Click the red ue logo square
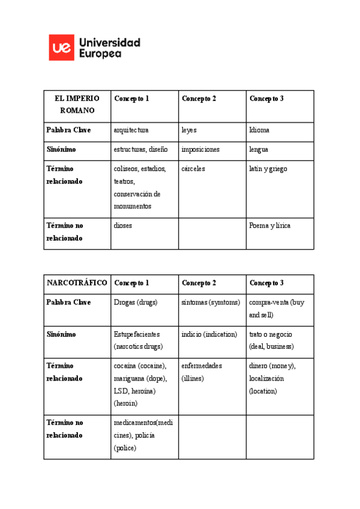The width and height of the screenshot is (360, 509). point(61,47)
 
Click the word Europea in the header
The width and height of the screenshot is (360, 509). point(100,53)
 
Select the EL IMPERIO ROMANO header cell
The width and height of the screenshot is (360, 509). point(77,104)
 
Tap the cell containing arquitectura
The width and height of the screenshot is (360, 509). point(131,130)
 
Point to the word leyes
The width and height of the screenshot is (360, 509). point(189,130)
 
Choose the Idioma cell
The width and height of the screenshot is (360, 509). point(259,130)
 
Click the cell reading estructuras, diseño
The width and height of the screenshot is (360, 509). point(141,149)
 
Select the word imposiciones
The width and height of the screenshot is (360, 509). point(200,149)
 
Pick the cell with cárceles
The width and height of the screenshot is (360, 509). point(193,169)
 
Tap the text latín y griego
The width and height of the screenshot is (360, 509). point(268,169)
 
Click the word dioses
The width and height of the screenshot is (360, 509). point(123,226)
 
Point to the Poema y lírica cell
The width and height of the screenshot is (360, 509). point(270,226)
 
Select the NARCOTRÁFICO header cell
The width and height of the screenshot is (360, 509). point(77,283)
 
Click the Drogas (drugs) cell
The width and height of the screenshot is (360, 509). point(136,302)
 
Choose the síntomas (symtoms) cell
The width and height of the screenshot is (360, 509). point(211,302)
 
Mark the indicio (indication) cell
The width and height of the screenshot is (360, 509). point(209,334)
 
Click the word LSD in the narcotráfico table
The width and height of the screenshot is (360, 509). point(121,391)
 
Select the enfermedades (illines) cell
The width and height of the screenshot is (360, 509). point(202,372)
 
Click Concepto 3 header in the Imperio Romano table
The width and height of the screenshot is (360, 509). point(266,98)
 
